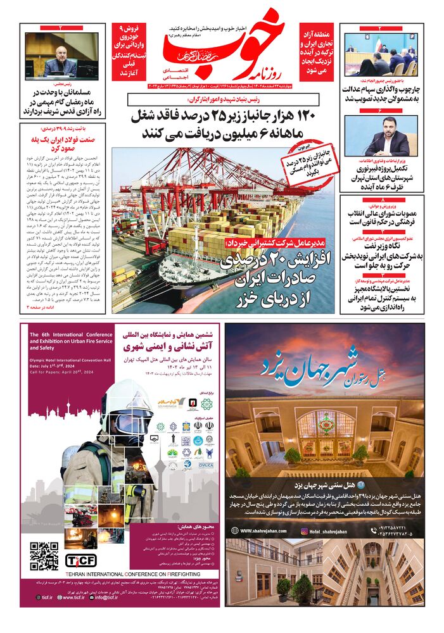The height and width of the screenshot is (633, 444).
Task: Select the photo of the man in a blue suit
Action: (381, 135)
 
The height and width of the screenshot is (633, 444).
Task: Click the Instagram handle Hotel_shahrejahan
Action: (326, 531)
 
